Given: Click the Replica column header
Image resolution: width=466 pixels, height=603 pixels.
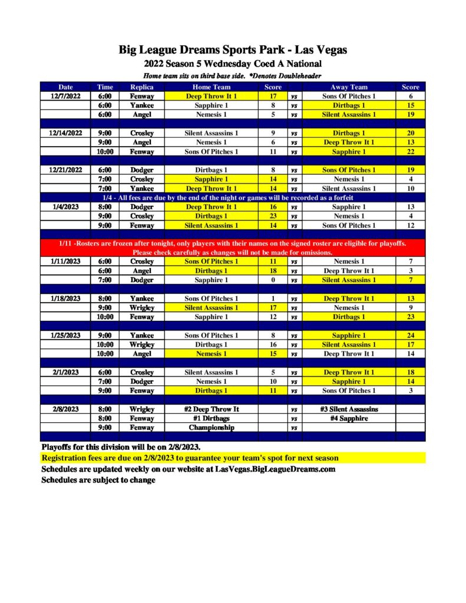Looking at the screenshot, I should tap(141, 87).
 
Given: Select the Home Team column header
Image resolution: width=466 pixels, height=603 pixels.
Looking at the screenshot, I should tap(211, 87).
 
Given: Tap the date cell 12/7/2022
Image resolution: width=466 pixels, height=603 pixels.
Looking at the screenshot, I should tap(65, 96).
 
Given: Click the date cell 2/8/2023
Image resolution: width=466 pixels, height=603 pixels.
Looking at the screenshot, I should tap(65, 409).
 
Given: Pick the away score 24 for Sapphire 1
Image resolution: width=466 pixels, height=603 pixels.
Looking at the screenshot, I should tap(410, 335).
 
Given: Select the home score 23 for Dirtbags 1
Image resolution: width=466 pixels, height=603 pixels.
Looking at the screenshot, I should tap(273, 216).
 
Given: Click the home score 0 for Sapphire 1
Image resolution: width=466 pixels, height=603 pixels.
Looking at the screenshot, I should tap(273, 280).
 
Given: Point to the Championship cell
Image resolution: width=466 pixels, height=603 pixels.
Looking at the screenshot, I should tap(211, 428).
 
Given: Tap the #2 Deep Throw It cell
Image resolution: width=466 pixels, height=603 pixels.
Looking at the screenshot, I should tap(211, 409).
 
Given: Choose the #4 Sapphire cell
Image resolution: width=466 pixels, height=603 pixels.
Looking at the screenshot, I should tap(349, 418).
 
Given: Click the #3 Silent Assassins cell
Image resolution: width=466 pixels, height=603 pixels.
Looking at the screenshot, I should tap(349, 409).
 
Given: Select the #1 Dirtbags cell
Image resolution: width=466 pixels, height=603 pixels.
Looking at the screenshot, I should tap(211, 418).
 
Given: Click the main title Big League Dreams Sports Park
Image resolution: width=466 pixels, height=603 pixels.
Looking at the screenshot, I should tap(233, 49).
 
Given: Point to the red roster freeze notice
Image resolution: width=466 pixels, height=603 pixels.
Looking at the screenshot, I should tap(233, 247).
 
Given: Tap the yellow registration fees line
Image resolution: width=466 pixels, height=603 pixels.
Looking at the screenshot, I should tap(190, 458).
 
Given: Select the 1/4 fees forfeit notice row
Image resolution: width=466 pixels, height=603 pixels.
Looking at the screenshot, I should tap(233, 197).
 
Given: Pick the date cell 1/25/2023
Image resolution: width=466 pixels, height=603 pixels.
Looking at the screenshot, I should tap(65, 335).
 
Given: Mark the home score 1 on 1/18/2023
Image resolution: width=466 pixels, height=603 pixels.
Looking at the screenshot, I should tap(273, 299).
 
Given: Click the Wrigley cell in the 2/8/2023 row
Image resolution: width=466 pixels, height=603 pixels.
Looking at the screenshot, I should tap(141, 409).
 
